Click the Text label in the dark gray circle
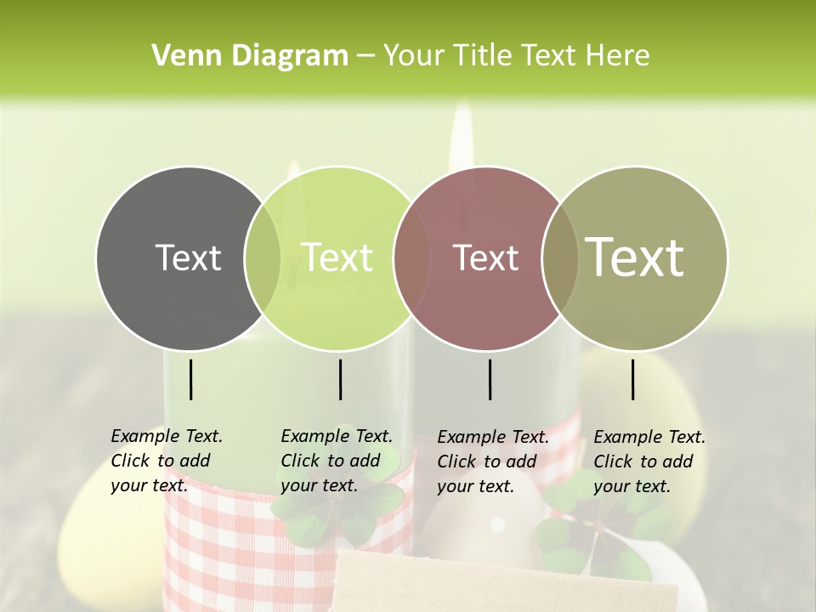(188, 258)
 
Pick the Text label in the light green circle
(337, 258)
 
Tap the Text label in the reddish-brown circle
(486, 258)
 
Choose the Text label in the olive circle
(634, 258)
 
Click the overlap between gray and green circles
(263, 258)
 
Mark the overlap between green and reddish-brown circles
(412, 258)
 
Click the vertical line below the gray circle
(190, 379)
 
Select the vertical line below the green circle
(340, 379)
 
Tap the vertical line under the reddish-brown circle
(490, 379)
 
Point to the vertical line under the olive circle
(632, 379)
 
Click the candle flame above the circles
(462, 136)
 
